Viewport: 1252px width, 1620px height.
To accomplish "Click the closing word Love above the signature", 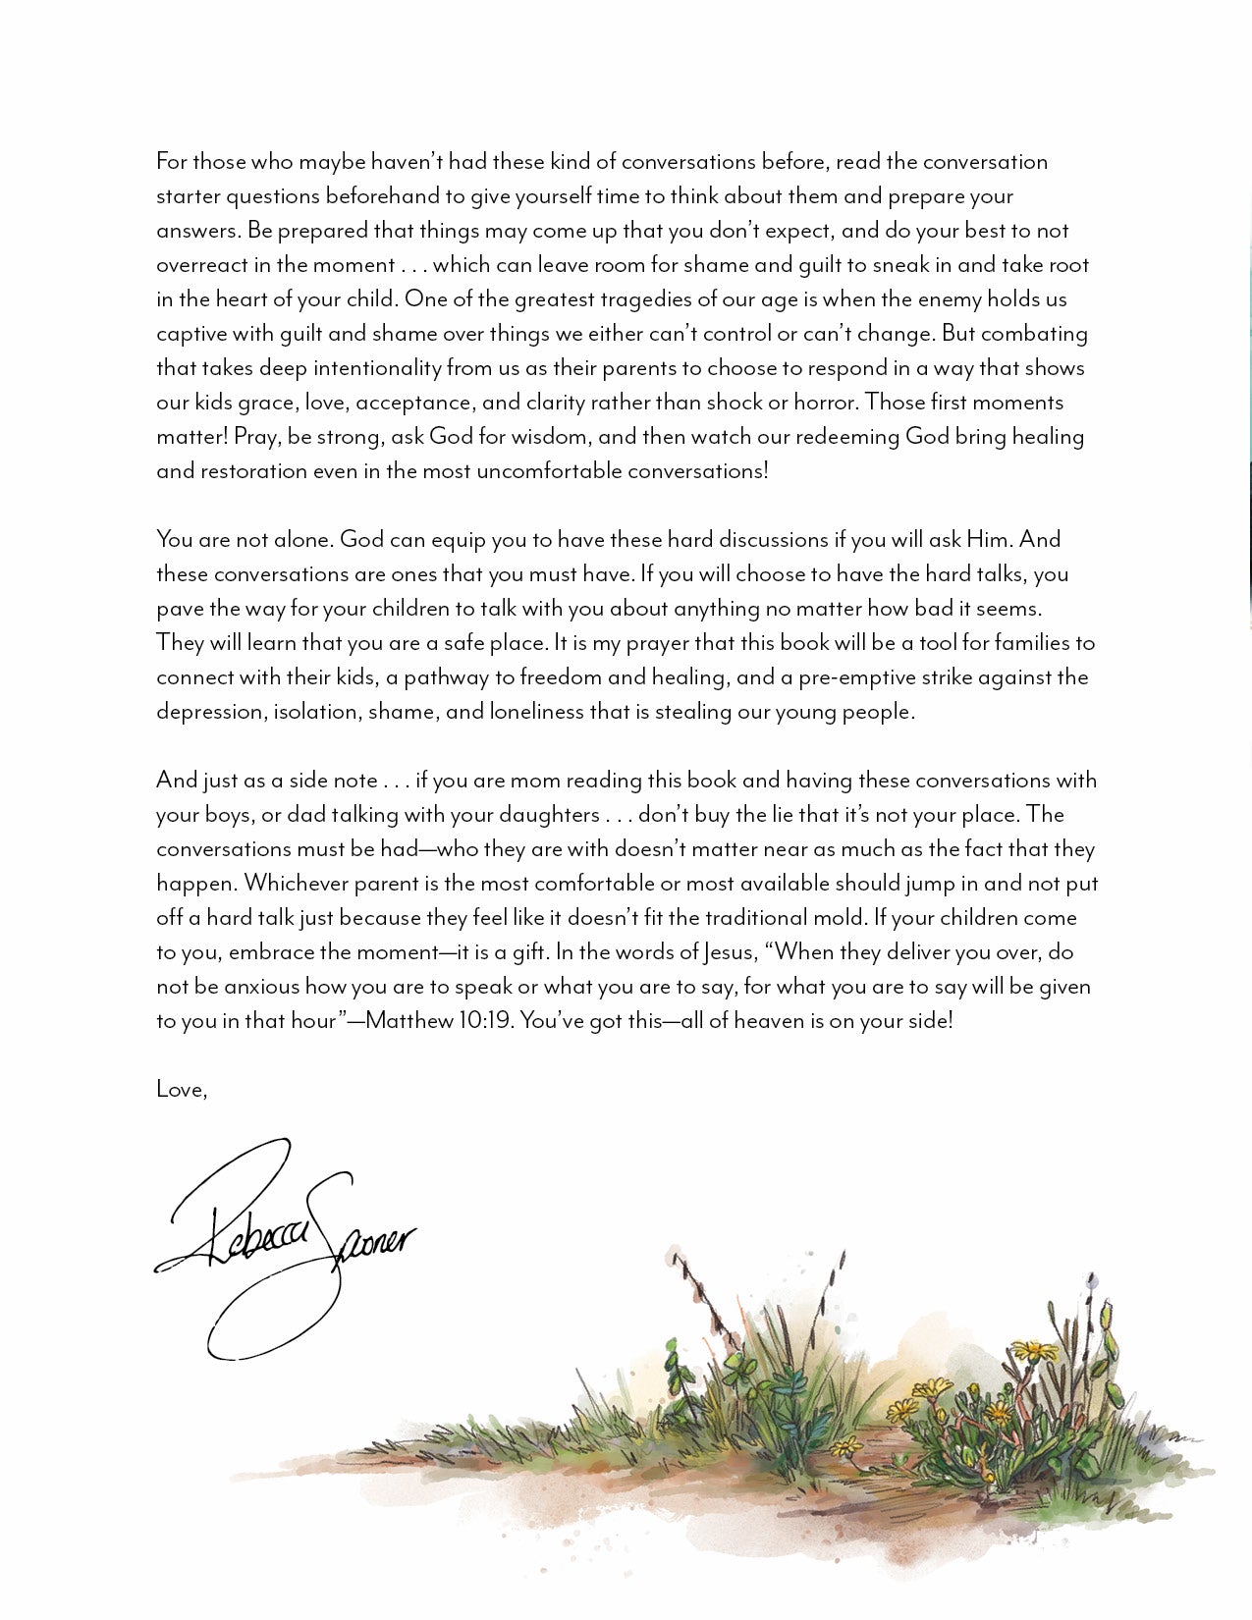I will click(180, 1089).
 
